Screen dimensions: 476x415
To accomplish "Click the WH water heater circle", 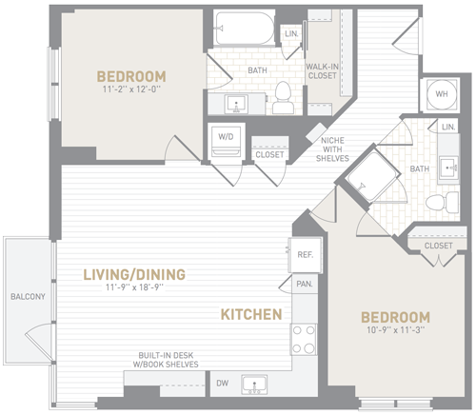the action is pos(442,94).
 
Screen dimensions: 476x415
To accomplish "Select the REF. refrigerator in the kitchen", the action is pos(305,255).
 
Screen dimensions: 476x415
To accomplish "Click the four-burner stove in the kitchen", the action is pos(304,339).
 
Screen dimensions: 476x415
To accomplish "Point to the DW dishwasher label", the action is pos(223,383).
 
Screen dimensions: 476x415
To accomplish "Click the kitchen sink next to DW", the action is pos(254,385).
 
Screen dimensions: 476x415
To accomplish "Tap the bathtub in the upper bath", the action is pos(245,29).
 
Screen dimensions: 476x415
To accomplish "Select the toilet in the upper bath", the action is pos(283,98).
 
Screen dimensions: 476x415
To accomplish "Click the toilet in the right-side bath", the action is pos(442,203).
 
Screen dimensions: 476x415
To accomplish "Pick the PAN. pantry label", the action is pos(305,284).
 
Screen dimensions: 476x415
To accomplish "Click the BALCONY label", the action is pos(28,297).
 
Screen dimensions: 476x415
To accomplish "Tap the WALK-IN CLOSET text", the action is pos(323,71).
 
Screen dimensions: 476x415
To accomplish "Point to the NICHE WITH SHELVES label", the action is pos(332,149).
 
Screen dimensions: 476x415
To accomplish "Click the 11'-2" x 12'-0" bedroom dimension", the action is pos(130,89).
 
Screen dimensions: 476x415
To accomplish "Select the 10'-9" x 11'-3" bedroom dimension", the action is pos(396,330).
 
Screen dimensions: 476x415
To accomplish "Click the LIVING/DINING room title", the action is pos(134,275).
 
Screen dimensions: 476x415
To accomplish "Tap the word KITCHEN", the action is pos(251,314).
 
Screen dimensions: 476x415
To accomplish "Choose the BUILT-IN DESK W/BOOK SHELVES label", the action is pos(166,360).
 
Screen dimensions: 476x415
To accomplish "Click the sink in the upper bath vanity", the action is pos(236,104).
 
